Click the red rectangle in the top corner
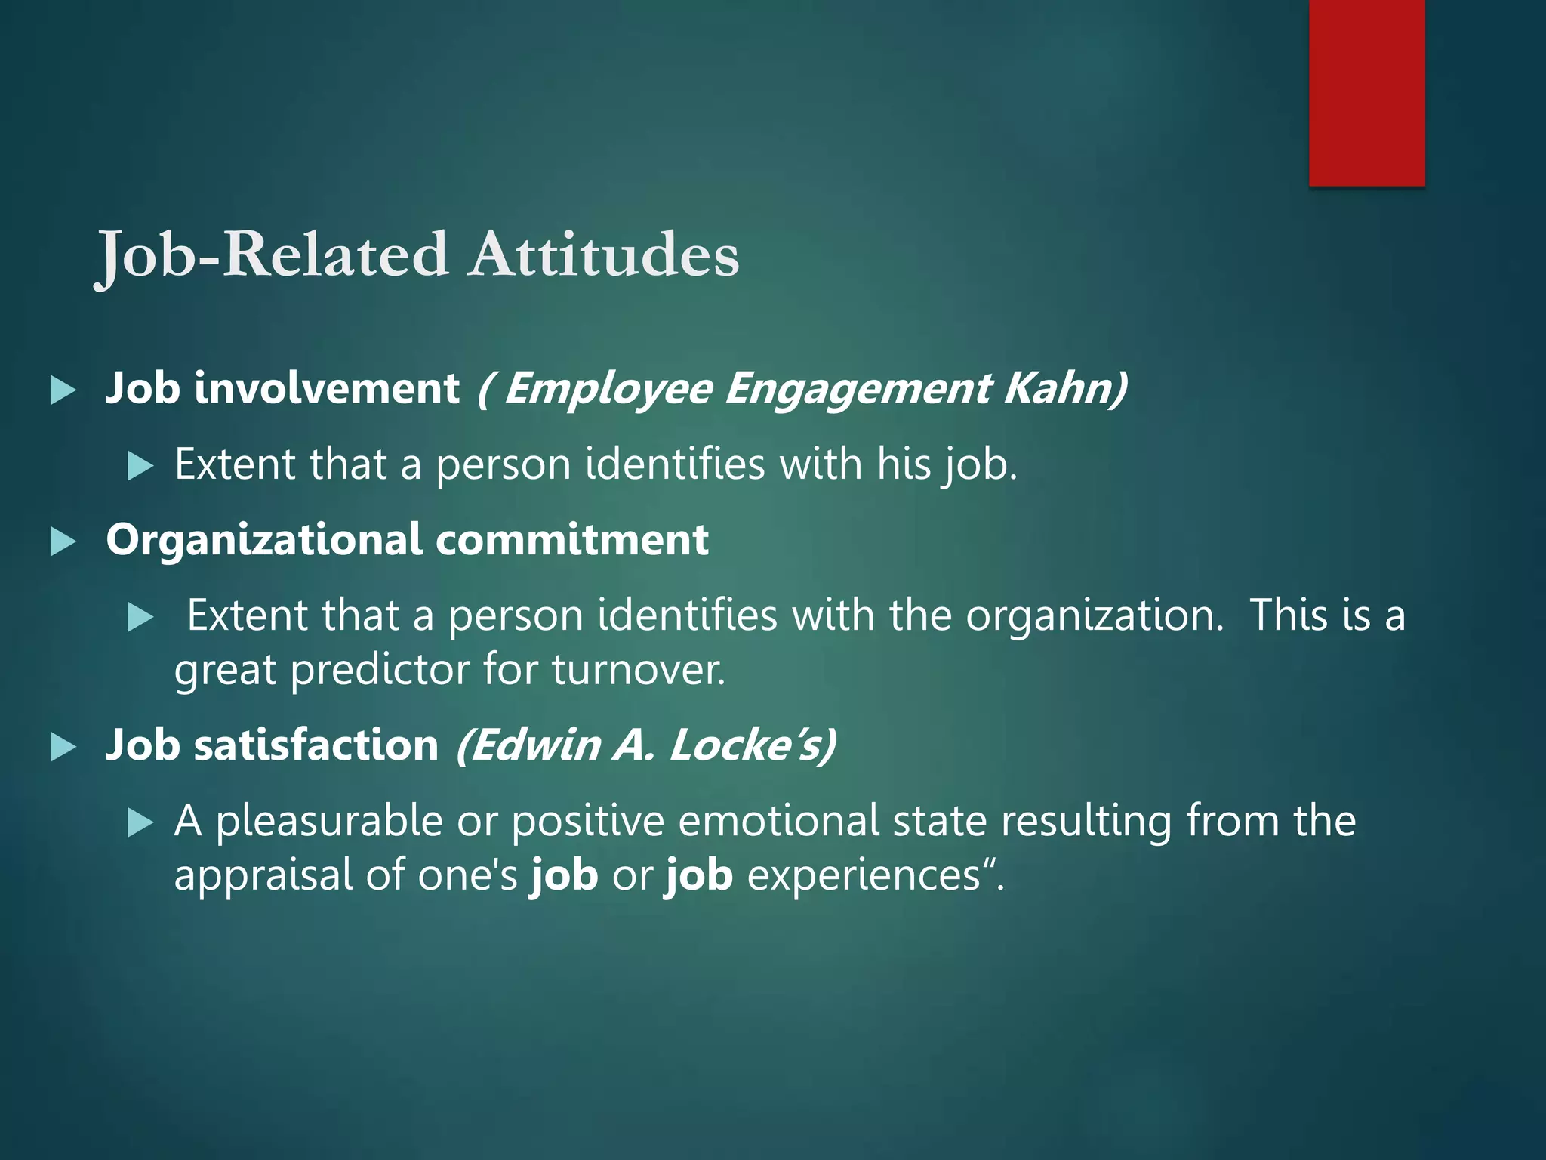click(x=1366, y=92)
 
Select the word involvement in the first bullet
click(x=326, y=388)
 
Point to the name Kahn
click(x=1064, y=388)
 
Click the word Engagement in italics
click(x=858, y=388)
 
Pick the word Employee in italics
click(x=608, y=388)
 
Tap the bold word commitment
click(x=572, y=539)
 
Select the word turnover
click(x=638, y=669)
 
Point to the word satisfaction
click(x=316, y=745)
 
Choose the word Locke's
click(x=752, y=745)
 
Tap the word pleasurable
click(x=329, y=821)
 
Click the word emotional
click(x=778, y=821)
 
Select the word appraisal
click(x=263, y=875)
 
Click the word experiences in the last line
click(x=864, y=875)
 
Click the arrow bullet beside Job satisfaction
click(x=63, y=748)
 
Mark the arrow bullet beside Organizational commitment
click(x=63, y=542)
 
